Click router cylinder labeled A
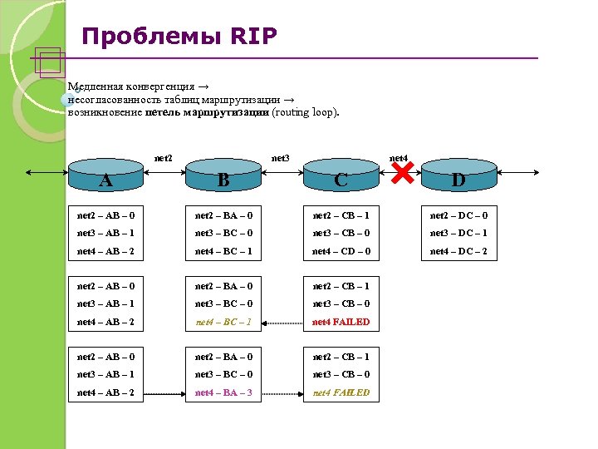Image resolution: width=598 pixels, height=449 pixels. coord(104,175)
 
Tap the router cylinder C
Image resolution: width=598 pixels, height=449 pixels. coord(341,175)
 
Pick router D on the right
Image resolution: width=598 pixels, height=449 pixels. coord(458,175)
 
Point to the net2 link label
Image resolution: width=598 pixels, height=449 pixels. coord(164,157)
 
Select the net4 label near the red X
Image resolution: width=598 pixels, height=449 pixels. coord(399,157)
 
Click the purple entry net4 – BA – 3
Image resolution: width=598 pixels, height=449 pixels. coord(223,392)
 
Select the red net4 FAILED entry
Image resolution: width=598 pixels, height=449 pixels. coord(341,322)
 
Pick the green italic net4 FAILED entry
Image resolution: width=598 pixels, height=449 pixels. coord(341,392)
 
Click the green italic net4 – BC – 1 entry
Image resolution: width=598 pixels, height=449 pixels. coord(223,322)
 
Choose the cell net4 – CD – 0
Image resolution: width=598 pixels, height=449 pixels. coord(341,251)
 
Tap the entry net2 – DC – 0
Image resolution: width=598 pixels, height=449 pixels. coord(458,216)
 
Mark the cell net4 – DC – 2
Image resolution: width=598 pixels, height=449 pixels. coord(458,251)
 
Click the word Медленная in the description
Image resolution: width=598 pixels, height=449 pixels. coord(96,86)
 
